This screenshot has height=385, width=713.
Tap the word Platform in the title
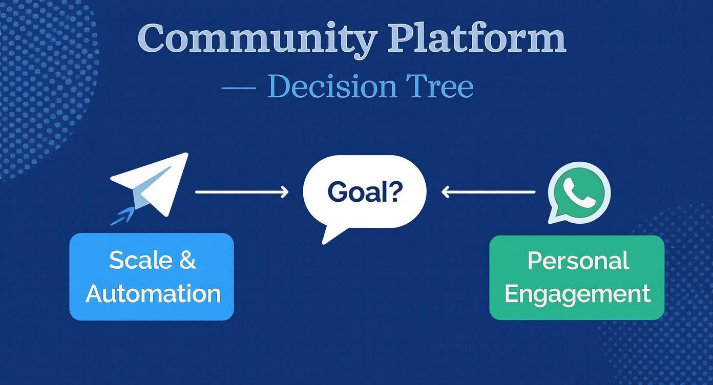pyautogui.click(x=476, y=38)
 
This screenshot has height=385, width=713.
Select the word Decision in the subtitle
pyautogui.click(x=332, y=87)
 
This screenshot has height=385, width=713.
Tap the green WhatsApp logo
pyautogui.click(x=579, y=193)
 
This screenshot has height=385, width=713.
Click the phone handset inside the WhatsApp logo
pyautogui.click(x=579, y=193)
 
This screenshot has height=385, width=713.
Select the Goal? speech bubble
pyautogui.click(x=364, y=193)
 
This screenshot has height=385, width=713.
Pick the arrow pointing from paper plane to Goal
pyautogui.click(x=242, y=192)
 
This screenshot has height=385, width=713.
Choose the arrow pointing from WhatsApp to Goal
pyautogui.click(x=488, y=192)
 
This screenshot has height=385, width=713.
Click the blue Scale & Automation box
pyautogui.click(x=152, y=276)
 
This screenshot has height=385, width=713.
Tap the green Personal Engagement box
pyautogui.click(x=577, y=277)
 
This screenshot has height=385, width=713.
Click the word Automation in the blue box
pyautogui.click(x=153, y=294)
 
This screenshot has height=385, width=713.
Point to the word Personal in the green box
pyautogui.click(x=578, y=261)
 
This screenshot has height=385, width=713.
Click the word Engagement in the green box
pyautogui.click(x=577, y=294)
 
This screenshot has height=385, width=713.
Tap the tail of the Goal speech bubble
pyautogui.click(x=330, y=235)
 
